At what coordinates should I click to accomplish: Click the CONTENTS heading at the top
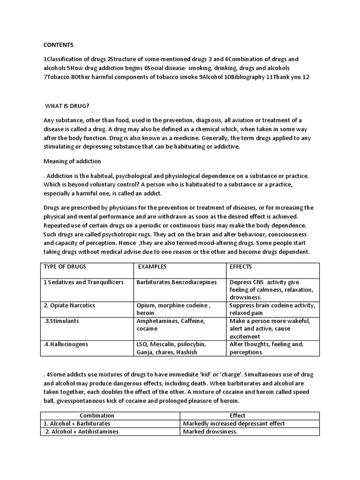[59, 45]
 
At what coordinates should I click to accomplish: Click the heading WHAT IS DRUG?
[67, 106]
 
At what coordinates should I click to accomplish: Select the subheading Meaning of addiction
[72, 161]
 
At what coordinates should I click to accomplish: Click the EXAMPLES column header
[152, 267]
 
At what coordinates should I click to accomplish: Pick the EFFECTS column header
[240, 267]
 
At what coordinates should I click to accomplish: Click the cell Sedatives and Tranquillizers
[78, 282]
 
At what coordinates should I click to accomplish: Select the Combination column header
[97, 415]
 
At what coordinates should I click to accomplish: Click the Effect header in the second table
[237, 415]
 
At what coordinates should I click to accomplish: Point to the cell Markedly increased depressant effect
[234, 423]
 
